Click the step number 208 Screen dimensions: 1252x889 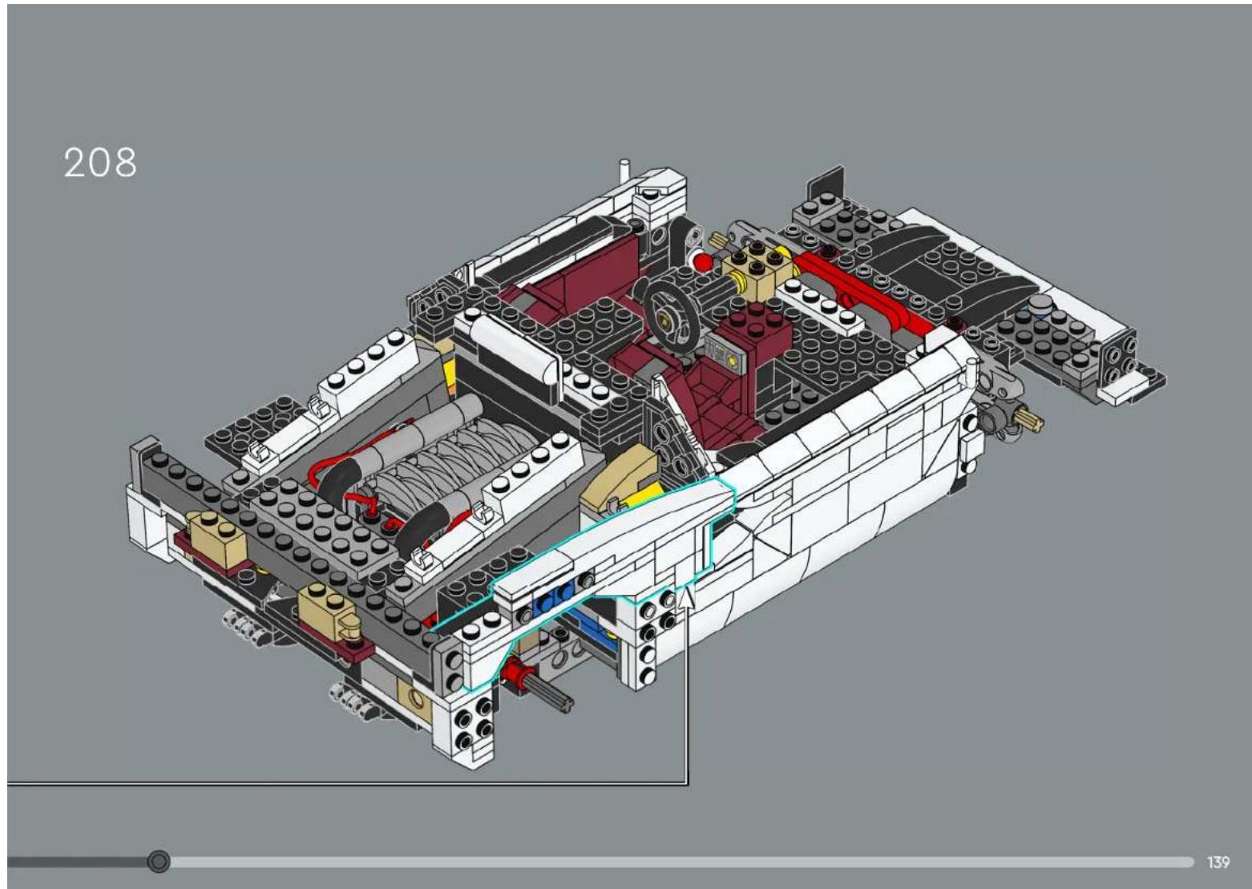[x=100, y=163]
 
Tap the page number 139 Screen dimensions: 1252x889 [x=1218, y=863]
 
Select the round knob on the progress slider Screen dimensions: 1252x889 [x=159, y=862]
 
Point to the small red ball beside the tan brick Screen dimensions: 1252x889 [x=702, y=261]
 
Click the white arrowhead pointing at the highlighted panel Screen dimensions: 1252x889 [x=685, y=596]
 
